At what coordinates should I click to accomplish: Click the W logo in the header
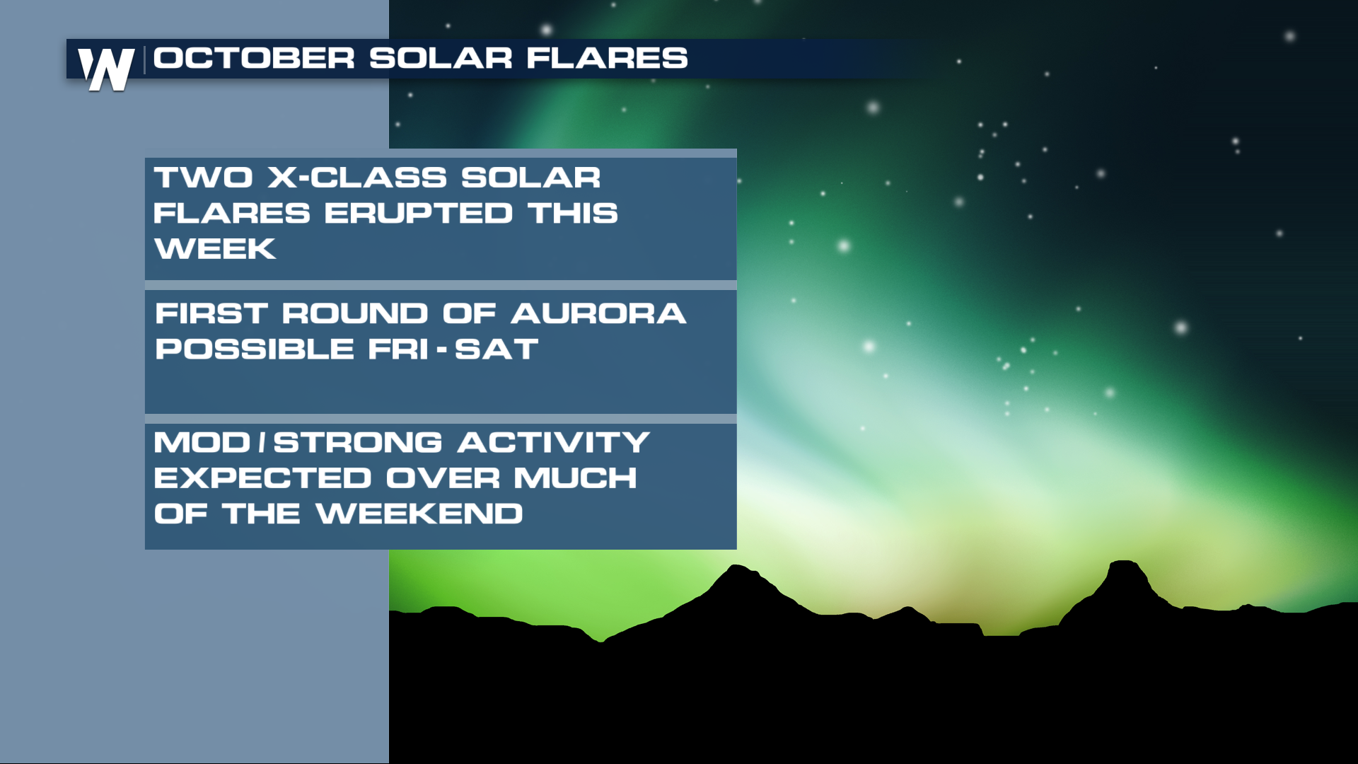point(106,69)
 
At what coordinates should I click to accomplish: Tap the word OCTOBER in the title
point(254,58)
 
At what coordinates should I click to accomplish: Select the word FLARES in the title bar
point(607,58)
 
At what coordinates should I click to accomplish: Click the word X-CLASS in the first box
point(357,178)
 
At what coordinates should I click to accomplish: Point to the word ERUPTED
point(418,213)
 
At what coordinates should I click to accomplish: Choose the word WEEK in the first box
point(215,249)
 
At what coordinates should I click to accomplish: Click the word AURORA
point(598,313)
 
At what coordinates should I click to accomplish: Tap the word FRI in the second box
point(398,349)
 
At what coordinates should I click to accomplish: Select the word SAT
point(497,349)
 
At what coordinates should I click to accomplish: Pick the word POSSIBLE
point(255,349)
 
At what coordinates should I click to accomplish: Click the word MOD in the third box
point(202,443)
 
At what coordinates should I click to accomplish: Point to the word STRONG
point(358,443)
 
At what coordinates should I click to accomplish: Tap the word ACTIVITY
point(554,443)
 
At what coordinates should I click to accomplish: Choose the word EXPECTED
point(262,478)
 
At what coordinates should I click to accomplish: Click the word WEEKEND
point(419,514)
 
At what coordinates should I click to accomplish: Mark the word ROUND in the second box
point(355,313)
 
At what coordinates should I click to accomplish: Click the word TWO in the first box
point(203,178)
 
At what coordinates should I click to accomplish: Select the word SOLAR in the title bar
point(441,58)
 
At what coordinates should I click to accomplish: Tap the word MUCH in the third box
point(575,478)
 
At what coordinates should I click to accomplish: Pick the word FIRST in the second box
point(211,313)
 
